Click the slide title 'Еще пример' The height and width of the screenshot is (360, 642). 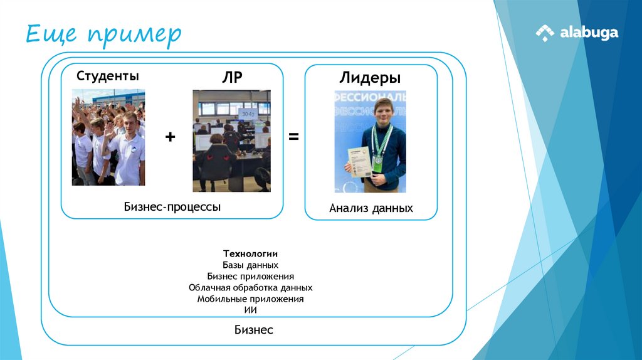pos(103,34)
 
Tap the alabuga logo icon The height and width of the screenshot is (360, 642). pos(544,33)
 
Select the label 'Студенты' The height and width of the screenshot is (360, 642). pos(108,77)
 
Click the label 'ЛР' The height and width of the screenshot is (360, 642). pos(231,77)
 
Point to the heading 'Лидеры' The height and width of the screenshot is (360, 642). pos(370,78)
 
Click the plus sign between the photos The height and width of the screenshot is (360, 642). pos(170,137)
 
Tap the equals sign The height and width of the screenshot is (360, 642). pos(293,137)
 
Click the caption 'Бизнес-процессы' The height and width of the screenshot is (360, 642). pos(172,206)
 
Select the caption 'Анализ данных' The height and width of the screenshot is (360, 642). pos(371,208)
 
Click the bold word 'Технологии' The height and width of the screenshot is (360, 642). pos(250,253)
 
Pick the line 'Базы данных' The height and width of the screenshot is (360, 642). pos(250,265)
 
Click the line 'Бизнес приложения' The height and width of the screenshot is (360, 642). pos(250,276)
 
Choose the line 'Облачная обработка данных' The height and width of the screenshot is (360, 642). pos(250,287)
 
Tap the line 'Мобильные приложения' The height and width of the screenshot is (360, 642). pos(250,299)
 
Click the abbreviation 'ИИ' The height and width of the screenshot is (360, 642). pos(250,310)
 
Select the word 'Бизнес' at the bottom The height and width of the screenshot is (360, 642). pos(254,330)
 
